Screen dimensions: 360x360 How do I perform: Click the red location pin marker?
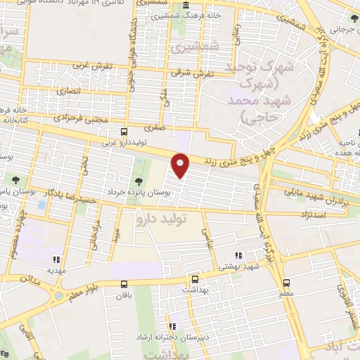point(181,165)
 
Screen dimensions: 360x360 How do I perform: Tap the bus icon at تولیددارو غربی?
point(124,131)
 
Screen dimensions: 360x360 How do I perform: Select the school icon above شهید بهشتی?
point(238,255)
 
